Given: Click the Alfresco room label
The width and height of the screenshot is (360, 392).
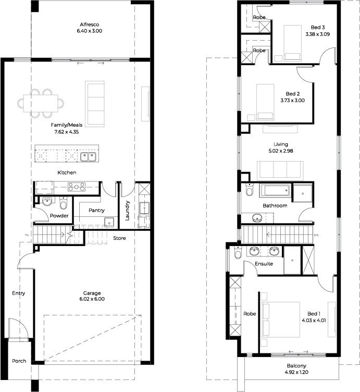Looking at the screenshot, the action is [90, 24].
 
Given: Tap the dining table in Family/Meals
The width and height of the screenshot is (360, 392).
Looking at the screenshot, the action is [41, 103].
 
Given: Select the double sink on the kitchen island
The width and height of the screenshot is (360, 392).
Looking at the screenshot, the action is [88, 157].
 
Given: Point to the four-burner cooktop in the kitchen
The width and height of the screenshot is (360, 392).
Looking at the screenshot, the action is [77, 187].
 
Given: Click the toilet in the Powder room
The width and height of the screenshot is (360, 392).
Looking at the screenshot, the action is [64, 203].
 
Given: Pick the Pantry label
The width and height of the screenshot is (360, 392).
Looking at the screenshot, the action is [96, 210].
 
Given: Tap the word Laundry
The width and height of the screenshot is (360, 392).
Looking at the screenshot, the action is [127, 211].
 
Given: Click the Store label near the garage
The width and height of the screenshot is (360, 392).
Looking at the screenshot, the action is [119, 238].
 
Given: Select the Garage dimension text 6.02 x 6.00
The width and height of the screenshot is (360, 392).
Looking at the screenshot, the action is [92, 299].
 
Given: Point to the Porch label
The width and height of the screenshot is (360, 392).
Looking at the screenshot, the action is [19, 361].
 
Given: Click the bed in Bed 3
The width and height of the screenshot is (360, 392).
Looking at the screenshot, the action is [292, 43].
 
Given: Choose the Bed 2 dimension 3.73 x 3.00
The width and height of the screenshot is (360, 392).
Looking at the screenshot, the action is [293, 100].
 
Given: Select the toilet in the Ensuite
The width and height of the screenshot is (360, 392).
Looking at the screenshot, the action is [238, 252].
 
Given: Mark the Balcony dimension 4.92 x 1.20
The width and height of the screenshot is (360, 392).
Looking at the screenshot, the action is [296, 372].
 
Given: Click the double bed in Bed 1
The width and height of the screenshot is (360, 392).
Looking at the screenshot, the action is [280, 320].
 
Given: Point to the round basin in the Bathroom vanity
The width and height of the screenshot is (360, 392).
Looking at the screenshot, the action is [256, 218].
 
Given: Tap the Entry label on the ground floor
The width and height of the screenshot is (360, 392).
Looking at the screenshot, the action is [18, 293].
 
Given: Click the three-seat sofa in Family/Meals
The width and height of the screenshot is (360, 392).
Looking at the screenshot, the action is [95, 104].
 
